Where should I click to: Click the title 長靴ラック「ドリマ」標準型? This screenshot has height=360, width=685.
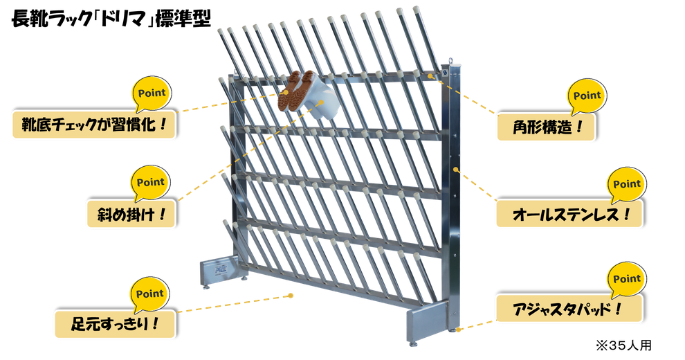[x=111, y=19]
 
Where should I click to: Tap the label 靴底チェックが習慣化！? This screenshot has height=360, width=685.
[x=94, y=125]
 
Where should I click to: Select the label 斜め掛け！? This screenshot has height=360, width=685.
[x=131, y=214]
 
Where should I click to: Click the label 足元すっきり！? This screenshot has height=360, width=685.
[x=115, y=324]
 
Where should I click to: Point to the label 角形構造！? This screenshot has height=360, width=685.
[x=546, y=127]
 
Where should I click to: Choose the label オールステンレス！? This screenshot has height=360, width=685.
[x=569, y=214]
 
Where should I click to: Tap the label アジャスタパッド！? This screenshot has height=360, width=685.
[x=569, y=309]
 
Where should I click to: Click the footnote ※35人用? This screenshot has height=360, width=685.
[x=623, y=345]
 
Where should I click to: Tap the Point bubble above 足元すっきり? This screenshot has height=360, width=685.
[x=150, y=294]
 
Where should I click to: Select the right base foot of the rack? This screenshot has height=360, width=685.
[x=428, y=322]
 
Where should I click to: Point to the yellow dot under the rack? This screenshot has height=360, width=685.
[x=291, y=296]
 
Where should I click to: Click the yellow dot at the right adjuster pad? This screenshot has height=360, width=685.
[x=458, y=330]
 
